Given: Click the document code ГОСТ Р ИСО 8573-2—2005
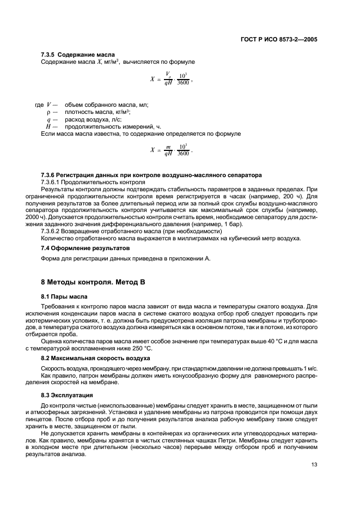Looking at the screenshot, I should point(279,40).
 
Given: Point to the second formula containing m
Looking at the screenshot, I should point(171,150).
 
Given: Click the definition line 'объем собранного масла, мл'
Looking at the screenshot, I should point(106,105).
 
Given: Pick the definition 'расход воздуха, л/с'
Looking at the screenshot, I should point(93,119).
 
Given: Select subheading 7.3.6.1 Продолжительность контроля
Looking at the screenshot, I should point(93,181).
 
